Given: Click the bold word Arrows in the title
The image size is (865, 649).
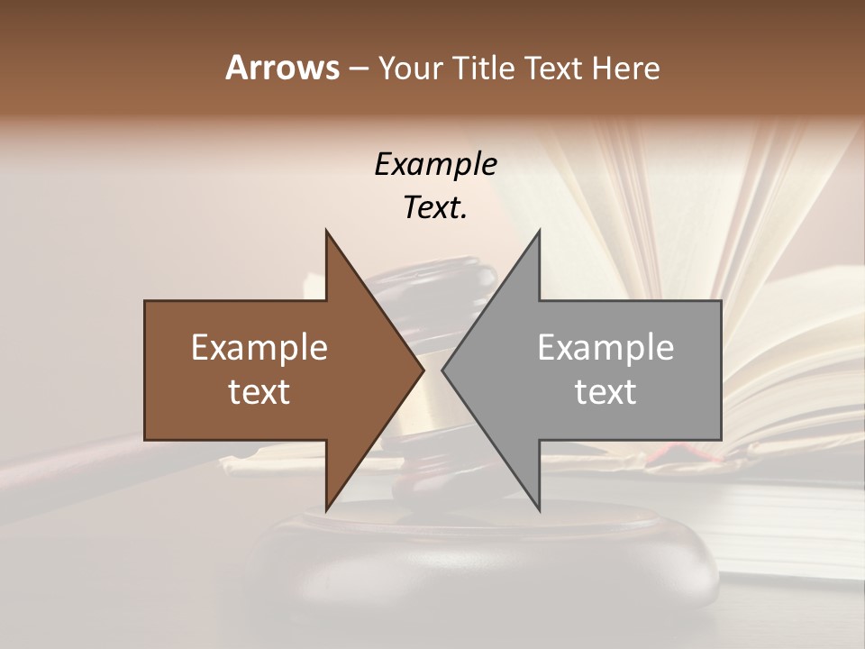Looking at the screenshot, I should (282, 68).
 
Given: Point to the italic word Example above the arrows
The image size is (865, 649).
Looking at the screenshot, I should (435, 165).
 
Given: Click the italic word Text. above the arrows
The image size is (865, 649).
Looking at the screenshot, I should (435, 208).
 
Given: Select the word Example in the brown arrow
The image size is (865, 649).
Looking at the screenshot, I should (259, 348).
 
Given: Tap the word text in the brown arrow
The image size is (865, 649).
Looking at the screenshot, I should (259, 392).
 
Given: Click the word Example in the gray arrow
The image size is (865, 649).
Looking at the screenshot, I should (605, 348).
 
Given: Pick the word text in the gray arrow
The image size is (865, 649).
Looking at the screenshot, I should (605, 392).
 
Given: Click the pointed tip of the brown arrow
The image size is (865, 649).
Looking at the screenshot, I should (423, 370).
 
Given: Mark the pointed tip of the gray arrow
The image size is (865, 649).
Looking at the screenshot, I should (443, 370).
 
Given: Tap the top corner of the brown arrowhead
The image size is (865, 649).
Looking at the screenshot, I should (326, 232).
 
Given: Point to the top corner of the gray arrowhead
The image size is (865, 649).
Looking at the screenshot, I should (539, 232).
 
